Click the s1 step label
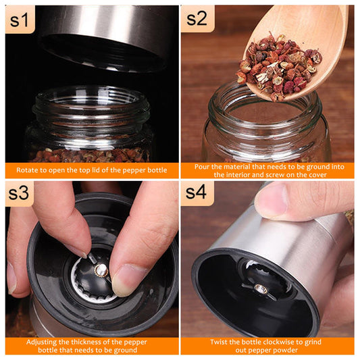[20, 20]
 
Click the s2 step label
[197, 19]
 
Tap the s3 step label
[19, 193]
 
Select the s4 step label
[196, 192]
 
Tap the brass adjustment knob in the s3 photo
[101, 270]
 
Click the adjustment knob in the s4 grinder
[260, 289]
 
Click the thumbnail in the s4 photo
[272, 199]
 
